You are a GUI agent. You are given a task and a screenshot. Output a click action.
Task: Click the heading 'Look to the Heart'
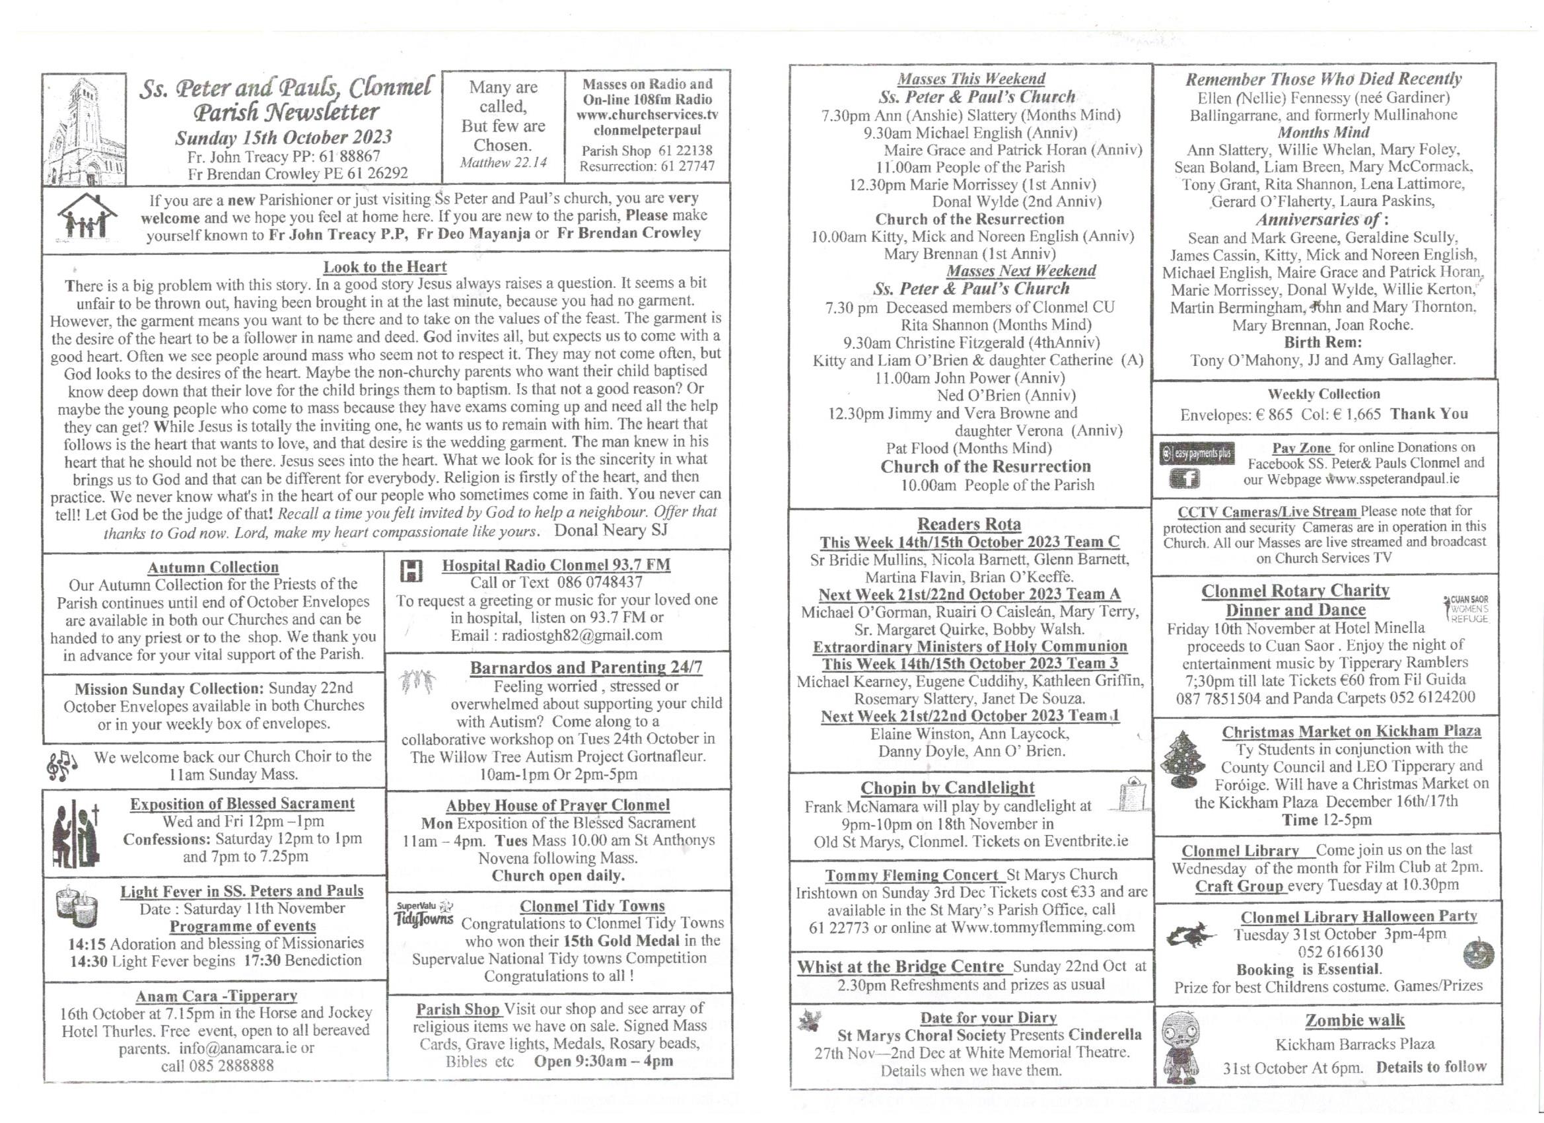[x=384, y=267]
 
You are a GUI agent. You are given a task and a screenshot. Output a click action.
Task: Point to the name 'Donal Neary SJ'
[x=611, y=530]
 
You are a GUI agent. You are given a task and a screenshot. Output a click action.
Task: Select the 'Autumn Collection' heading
[x=213, y=567]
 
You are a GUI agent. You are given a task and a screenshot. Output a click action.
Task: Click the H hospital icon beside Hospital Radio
[x=412, y=571]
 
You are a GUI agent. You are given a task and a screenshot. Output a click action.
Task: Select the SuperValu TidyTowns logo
[x=424, y=913]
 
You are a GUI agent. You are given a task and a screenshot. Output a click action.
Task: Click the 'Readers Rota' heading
[x=969, y=525]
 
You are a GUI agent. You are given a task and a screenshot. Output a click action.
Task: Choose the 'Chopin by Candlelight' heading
[x=947, y=788]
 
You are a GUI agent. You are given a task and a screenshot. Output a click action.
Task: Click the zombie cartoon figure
[x=1179, y=1047]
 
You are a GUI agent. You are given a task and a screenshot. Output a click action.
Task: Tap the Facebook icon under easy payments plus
[x=1184, y=480]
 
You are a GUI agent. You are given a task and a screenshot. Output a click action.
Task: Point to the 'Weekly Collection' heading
[x=1323, y=394]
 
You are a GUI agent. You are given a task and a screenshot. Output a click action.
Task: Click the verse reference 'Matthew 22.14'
[x=503, y=163]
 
